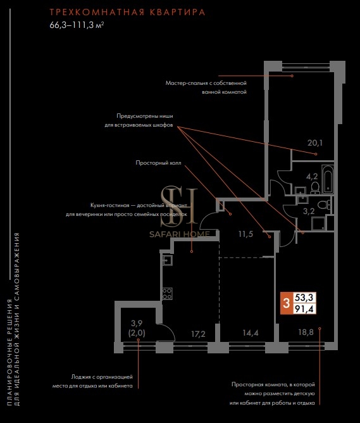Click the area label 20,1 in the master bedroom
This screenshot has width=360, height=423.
coord(315,143)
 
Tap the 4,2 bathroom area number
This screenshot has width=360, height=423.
coord(312,177)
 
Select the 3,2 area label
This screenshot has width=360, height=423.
coord(309,211)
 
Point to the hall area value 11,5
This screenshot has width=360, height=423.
coord(245,234)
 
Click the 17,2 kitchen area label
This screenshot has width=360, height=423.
coord(198,334)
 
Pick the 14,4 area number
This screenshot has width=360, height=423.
coord(251,333)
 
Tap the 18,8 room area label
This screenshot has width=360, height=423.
coord(306,332)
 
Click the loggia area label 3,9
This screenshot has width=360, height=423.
coord(137,323)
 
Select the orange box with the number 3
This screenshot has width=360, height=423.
coord(287,303)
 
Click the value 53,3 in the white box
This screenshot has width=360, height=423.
coord(304,298)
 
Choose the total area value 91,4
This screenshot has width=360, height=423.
coord(304,309)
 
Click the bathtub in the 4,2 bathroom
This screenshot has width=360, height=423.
coord(328,179)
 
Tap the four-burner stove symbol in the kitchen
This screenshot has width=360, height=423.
coord(167,294)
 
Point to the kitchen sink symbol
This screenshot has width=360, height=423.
coord(167,260)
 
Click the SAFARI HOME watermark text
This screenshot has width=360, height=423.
coord(180,234)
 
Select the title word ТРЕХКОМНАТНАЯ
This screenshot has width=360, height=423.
coord(97,13)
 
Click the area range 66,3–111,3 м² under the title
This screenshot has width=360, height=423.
coord(77,25)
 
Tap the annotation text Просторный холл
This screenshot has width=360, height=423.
coord(158,163)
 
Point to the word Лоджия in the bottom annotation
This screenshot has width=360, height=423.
coord(80,377)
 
